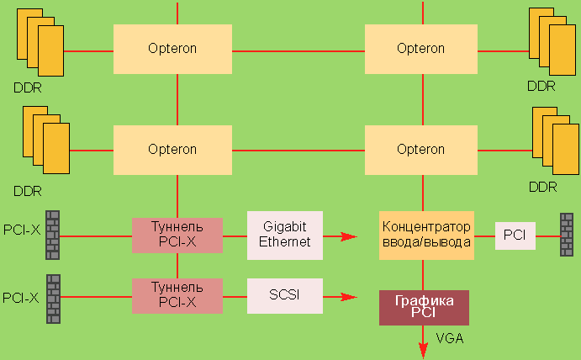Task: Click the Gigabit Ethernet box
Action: coord(285,235)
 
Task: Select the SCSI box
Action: coord(285,296)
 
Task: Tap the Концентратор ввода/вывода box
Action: coord(426,235)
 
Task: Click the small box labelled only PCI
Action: coord(515,236)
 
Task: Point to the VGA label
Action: coord(450,339)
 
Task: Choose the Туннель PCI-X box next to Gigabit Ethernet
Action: coord(177,236)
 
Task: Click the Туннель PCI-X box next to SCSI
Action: coord(177,295)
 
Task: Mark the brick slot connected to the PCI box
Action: coord(568,236)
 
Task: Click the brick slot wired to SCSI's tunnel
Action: coord(53,295)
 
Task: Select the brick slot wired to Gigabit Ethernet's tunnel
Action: coord(53,235)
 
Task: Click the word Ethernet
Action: coord(285,241)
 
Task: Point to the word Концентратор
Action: coord(426,227)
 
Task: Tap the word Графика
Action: coord(424,301)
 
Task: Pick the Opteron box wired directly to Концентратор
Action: coord(420,150)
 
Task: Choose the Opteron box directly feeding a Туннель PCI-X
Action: coord(172,150)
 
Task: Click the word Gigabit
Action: coord(285,227)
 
